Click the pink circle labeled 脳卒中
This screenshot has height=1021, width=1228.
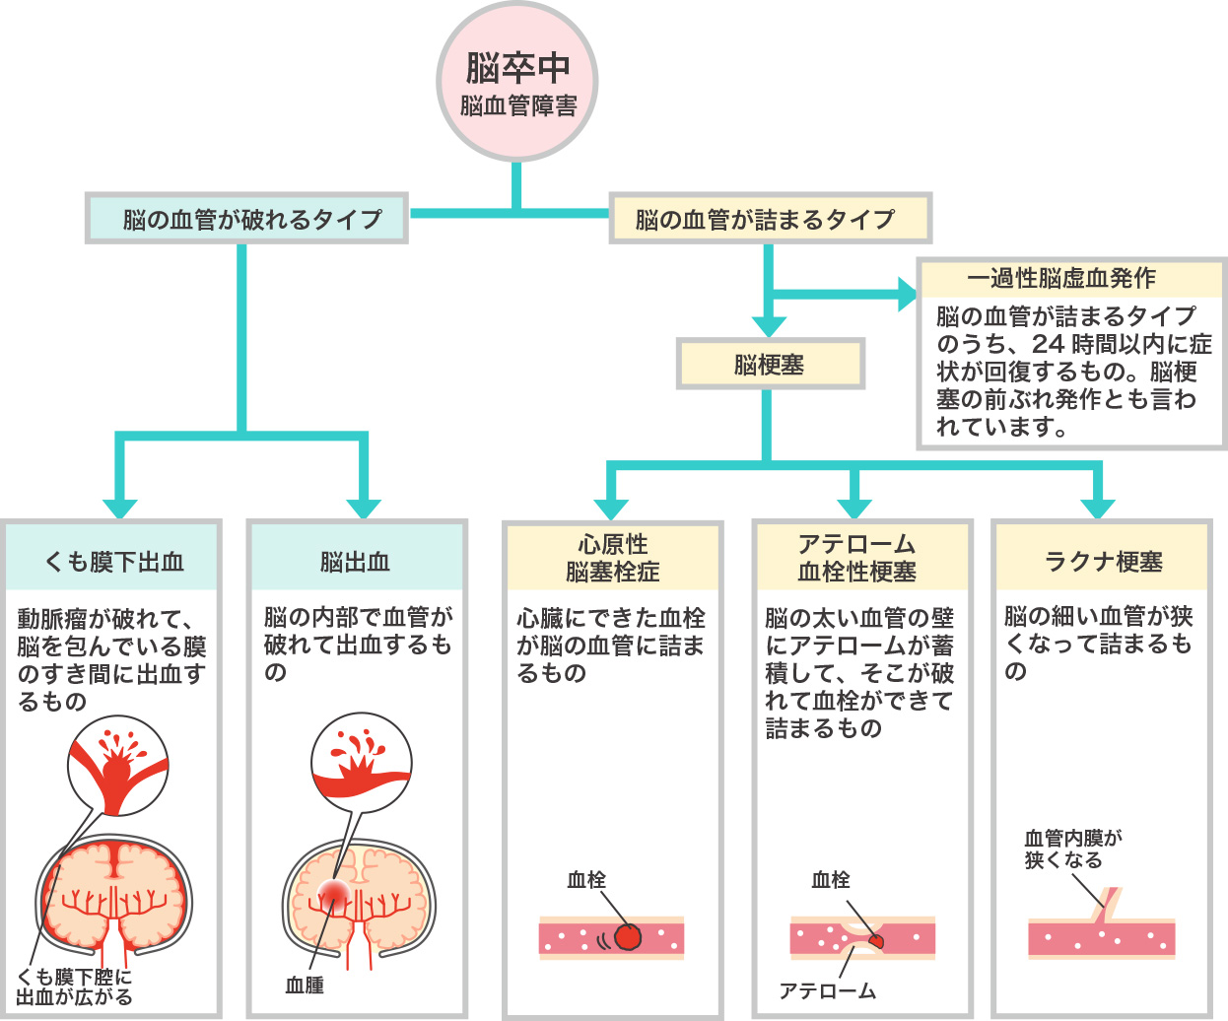(517, 82)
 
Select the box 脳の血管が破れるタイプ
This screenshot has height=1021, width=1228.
(246, 219)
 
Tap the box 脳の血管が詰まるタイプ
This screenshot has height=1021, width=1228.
(770, 219)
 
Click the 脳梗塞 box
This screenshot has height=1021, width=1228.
(770, 365)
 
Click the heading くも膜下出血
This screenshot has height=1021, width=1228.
(112, 562)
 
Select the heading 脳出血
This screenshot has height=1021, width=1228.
(356, 562)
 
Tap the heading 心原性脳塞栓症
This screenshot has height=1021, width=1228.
(612, 558)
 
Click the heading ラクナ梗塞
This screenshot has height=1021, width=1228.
(1102, 562)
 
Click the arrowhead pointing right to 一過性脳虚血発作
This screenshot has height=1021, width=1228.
(907, 293)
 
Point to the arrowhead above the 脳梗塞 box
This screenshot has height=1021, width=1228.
(768, 325)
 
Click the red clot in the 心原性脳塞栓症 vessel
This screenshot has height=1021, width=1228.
(628, 937)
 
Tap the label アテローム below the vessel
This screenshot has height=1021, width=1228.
(827, 990)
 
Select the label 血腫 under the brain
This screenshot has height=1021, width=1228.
(305, 985)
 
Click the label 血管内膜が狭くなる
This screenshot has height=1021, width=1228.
(1072, 849)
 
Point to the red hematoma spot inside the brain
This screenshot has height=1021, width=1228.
(333, 893)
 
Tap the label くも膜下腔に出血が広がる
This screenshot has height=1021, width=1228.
(74, 987)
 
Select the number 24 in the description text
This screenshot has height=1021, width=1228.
(1048, 344)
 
